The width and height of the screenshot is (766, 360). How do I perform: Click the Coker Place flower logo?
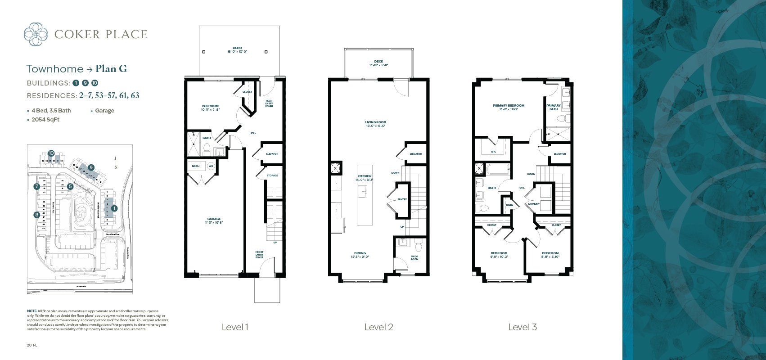[36, 34]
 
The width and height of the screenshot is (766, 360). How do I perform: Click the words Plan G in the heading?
[110, 69]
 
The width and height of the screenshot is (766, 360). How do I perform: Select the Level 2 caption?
[378, 327]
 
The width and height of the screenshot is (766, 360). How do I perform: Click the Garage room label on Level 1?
[214, 220]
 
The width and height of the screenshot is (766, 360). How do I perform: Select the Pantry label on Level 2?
[402, 199]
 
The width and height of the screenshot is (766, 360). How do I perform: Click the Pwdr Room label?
[415, 258]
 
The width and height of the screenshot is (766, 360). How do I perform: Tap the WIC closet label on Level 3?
[493, 152]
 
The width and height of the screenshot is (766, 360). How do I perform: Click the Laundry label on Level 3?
[534, 203]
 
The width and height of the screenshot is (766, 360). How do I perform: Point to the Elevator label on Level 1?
[272, 154]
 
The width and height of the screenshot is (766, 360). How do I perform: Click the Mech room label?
[196, 166]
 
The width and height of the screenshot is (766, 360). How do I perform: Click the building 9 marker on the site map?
[91, 167]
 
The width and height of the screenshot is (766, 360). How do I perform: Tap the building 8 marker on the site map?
[36, 215]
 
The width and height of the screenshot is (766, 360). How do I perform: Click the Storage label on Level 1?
[272, 175]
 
